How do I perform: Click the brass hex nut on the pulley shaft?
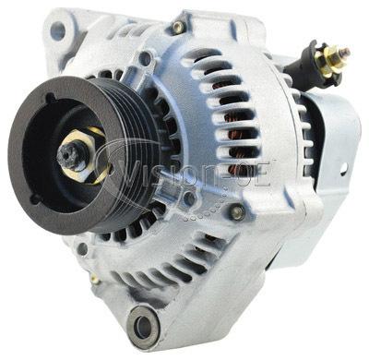coord(85,156)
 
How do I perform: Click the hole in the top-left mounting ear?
coord(57,30)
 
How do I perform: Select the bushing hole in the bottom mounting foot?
coord(143,323)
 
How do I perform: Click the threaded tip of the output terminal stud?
coord(346,52)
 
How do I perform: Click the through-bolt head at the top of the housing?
coord(178,28)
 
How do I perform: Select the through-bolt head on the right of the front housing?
coord(237,212)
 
